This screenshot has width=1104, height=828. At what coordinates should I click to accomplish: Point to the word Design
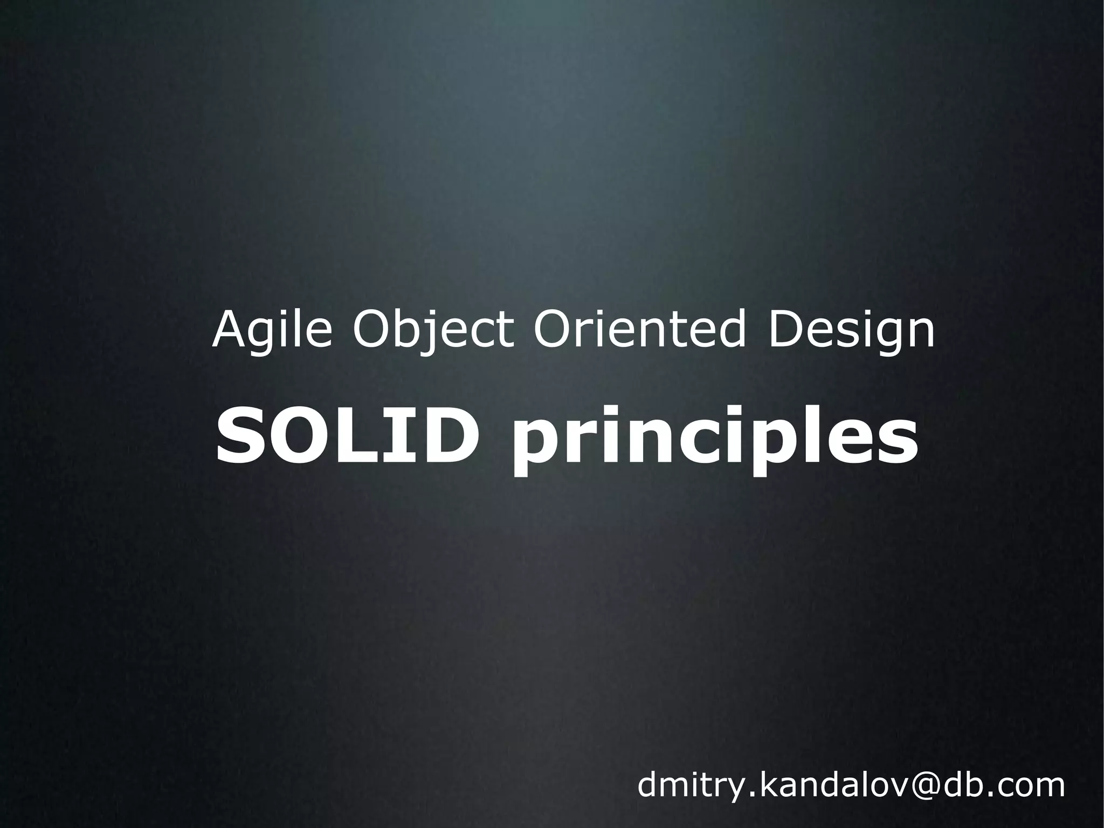pos(851,331)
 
